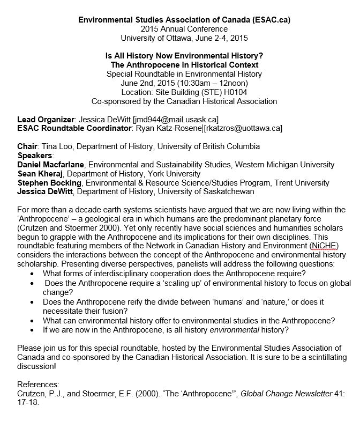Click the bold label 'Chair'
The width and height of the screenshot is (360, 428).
point(28,146)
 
